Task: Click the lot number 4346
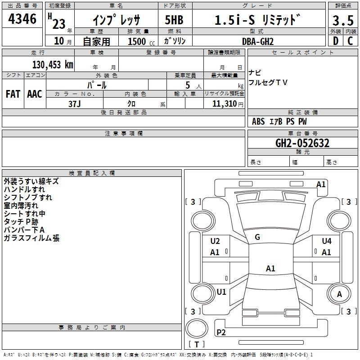point(22,19)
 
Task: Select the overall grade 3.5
point(343,20)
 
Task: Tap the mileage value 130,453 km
point(53,65)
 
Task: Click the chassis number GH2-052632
point(302,143)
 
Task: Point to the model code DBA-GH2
point(258,41)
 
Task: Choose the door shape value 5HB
point(174,20)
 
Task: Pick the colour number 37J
point(74,104)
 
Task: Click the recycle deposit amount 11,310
point(224,104)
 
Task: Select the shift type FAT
point(13,94)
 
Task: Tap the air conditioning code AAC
point(35,94)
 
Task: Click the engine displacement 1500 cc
point(141,41)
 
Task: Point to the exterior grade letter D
point(336,41)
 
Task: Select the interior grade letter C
point(350,41)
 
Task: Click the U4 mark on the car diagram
point(327,241)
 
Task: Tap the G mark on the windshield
point(257,237)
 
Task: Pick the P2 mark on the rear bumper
point(221,332)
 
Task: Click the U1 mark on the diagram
point(221,292)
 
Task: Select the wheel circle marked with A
point(339,294)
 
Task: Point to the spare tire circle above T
point(197,328)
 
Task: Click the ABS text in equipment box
point(258,121)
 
